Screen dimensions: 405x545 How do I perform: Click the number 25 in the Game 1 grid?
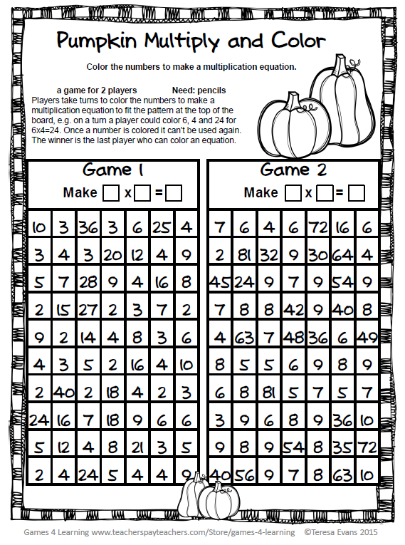pyautogui.click(x=162, y=228)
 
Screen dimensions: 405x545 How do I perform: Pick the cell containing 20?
pyautogui.click(x=112, y=255)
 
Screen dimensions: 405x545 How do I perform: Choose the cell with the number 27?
pyautogui.click(x=88, y=309)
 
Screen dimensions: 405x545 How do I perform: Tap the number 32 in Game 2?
pyautogui.click(x=269, y=255)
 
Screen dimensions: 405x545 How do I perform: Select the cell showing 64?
pyautogui.click(x=343, y=255)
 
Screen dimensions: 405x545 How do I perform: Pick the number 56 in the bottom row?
pyautogui.click(x=244, y=473)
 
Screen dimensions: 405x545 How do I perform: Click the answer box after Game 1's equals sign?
pyautogui.click(x=173, y=192)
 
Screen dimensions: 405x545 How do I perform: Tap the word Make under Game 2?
pyautogui.click(x=261, y=192)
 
